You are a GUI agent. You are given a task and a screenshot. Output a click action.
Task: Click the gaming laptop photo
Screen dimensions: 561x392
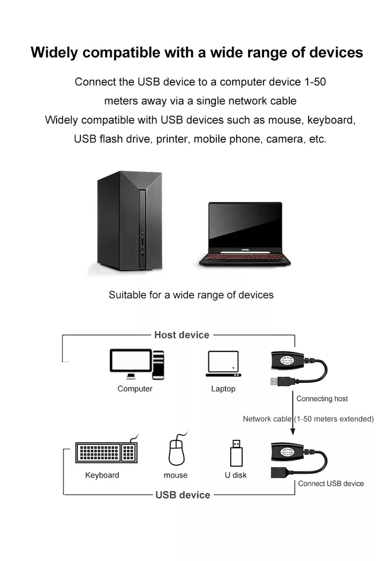pos(245,234)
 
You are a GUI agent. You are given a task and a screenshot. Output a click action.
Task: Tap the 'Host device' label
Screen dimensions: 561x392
pos(182,335)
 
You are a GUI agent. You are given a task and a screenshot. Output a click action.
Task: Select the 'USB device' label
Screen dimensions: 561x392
pos(183,495)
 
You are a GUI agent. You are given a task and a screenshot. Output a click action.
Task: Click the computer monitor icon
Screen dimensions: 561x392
pos(131,362)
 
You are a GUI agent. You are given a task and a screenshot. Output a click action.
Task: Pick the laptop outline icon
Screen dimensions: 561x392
pos(223,364)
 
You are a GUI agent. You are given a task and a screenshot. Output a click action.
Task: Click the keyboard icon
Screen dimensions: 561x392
pos(106,452)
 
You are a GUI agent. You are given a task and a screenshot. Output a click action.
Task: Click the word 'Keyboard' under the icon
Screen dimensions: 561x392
pos(102,475)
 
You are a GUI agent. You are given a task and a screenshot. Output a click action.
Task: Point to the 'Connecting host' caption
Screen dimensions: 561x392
pos(322,399)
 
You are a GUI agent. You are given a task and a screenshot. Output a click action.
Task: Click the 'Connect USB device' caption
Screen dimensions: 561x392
pos(331,484)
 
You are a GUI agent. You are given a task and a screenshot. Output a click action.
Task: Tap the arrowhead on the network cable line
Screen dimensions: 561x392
pos(293,431)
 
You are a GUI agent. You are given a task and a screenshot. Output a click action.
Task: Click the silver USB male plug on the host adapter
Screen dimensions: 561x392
pos(274,381)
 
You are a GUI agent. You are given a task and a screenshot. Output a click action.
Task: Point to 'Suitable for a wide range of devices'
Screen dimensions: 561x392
pos(191,295)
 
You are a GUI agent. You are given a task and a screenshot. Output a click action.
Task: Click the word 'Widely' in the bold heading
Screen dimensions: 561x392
pos(54,53)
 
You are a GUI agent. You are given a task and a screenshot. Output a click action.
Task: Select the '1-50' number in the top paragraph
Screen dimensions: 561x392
pos(315,82)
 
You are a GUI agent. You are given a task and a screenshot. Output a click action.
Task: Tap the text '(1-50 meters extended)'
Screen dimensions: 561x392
pos(334,419)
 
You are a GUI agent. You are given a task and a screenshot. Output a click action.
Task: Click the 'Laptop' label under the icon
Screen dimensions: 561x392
pos(223,389)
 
